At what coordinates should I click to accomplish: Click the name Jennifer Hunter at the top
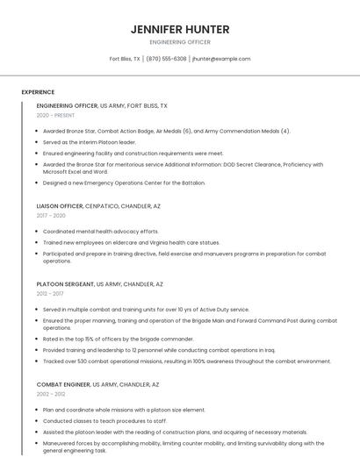pos(180,29)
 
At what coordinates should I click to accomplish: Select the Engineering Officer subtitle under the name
pos(180,42)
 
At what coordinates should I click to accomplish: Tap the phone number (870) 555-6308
pos(166,59)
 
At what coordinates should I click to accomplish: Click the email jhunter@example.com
pos(221,59)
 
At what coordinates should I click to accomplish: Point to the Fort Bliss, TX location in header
pos(125,59)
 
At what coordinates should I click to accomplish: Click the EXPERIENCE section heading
pos(38,92)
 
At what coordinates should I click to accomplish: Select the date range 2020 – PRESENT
pos(55,115)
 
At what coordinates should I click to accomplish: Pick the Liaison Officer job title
pos(60,205)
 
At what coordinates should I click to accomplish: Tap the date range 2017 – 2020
pos(51,215)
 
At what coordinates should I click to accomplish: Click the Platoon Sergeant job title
pos(65,284)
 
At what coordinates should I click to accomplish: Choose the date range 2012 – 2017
pos(49,294)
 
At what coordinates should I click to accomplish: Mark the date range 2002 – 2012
pos(51,394)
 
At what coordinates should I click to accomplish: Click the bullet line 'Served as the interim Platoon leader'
pos(90,141)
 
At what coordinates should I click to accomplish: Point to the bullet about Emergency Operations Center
pos(124,182)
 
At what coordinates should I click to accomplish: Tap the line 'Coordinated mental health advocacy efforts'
pos(101,232)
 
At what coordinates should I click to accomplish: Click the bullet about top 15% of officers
pos(118,339)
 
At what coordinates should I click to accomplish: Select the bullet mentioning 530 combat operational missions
pos(186,361)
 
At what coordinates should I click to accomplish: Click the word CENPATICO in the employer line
pos(104,205)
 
